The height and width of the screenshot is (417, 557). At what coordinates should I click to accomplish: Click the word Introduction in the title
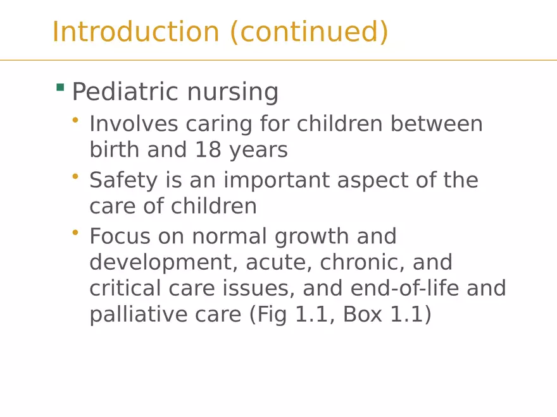[x=135, y=32]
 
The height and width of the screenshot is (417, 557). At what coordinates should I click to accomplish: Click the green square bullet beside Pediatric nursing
[x=60, y=87]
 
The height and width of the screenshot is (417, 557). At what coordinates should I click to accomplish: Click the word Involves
[x=133, y=124]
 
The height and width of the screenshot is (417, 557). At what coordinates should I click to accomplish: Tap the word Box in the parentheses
[x=363, y=314]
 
